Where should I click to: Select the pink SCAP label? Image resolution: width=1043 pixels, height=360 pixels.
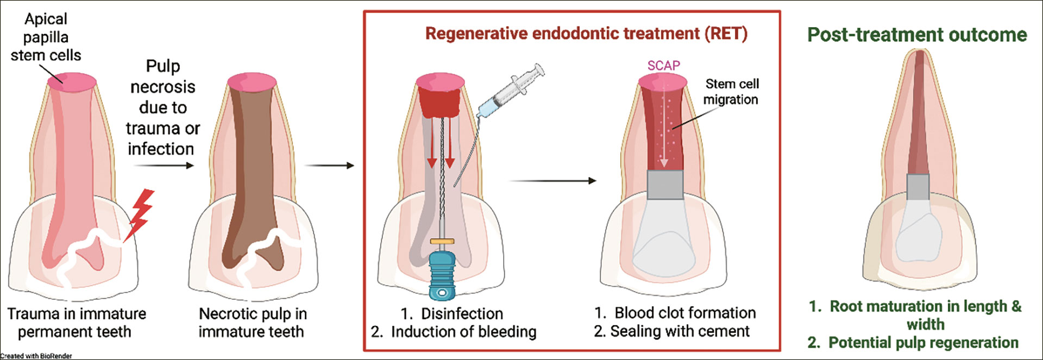pos(663,66)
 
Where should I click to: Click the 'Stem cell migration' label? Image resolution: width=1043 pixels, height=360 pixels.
pos(731,91)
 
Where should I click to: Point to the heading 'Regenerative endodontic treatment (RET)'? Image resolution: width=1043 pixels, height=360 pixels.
pos(586,34)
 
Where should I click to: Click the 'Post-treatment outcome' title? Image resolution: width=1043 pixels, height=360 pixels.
pos(917,35)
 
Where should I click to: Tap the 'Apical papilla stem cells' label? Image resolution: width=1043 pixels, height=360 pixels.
pos(46,37)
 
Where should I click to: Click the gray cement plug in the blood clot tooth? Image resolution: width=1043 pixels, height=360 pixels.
pos(665,185)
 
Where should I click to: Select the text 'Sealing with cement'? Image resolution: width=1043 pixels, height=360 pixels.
pos(680,331)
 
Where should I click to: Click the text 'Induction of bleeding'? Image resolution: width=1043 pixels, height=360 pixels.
pos(463,332)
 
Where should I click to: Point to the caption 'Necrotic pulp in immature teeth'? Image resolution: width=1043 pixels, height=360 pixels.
pos(252,323)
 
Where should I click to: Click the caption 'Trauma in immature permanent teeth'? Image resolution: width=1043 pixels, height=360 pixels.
pos(76,323)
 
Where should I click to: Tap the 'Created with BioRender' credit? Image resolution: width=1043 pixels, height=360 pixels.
pos(36,356)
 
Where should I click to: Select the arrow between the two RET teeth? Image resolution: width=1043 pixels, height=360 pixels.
pos(552,181)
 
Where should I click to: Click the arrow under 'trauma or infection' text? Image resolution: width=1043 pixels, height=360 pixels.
pos(164,165)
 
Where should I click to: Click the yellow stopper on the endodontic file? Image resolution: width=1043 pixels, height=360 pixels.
pos(442,241)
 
